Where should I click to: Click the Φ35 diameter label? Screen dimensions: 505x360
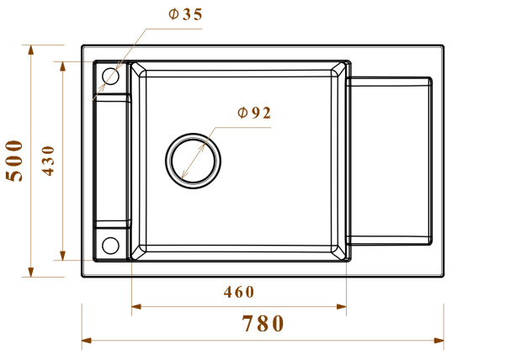coord(185,14)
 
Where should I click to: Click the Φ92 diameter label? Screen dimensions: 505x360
coord(254,113)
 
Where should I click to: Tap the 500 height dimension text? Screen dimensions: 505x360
coord(14,161)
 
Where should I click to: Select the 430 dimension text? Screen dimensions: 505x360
coord(48,161)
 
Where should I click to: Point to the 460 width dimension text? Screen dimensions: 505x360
coord(239,292)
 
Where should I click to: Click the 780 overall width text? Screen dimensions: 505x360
coord(263,323)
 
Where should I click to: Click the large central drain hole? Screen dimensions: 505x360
coord(193,161)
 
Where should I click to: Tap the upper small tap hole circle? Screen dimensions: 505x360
coord(110,77)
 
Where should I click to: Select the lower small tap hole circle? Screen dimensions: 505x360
coord(110,246)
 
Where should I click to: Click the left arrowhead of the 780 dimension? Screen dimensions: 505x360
coord(87,341)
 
